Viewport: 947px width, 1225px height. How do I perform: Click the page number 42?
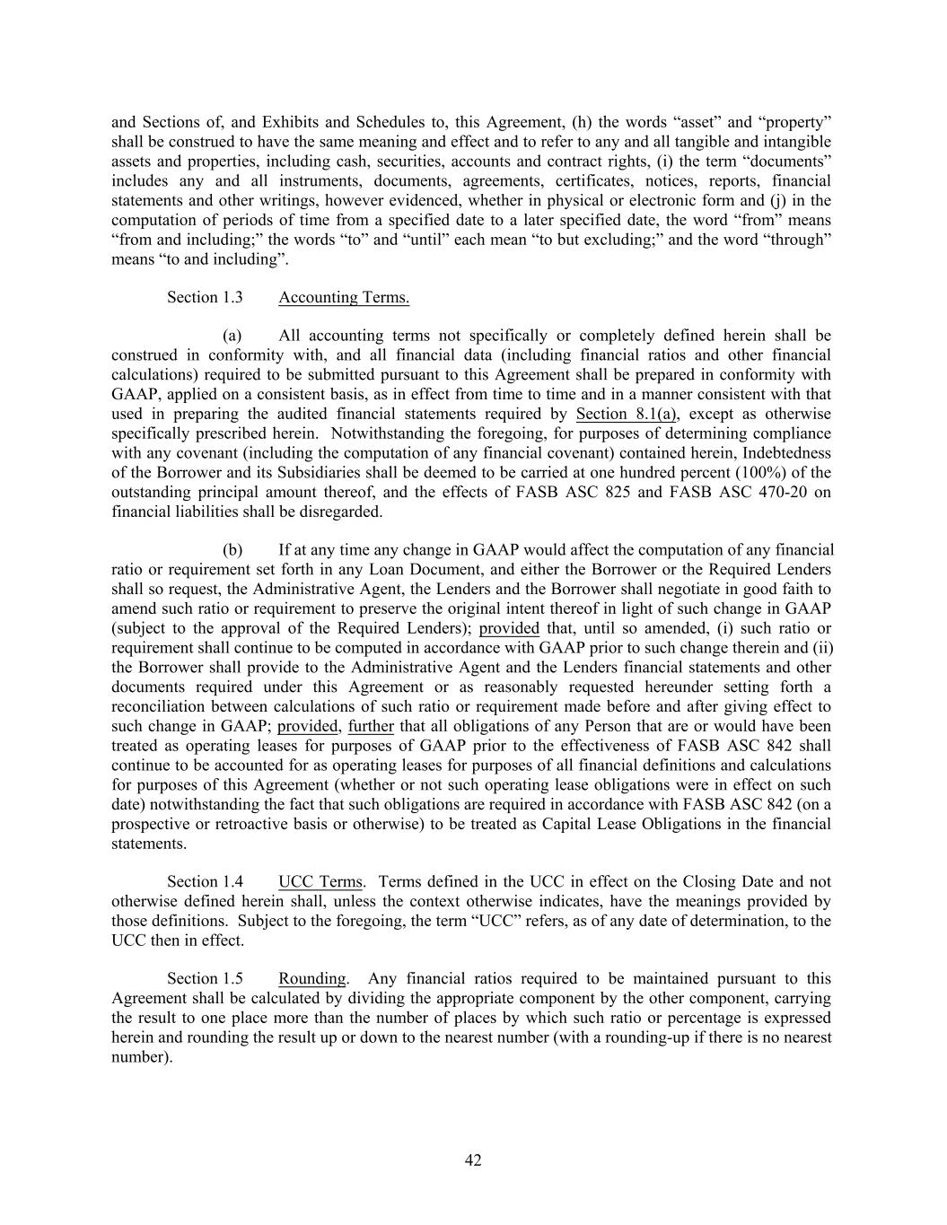pos(473,1160)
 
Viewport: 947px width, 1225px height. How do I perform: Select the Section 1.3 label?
pos(205,297)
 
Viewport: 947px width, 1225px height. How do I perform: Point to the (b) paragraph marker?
pos(232,550)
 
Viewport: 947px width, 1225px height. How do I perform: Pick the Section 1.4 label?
pos(205,881)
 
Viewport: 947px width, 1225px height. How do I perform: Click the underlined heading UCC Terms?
pos(320,881)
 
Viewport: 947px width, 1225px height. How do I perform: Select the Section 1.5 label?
pos(205,978)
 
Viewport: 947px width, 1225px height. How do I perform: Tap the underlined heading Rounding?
pos(311,978)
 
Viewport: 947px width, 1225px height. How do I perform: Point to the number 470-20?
pos(766,492)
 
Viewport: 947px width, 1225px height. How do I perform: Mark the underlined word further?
pos(371,726)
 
